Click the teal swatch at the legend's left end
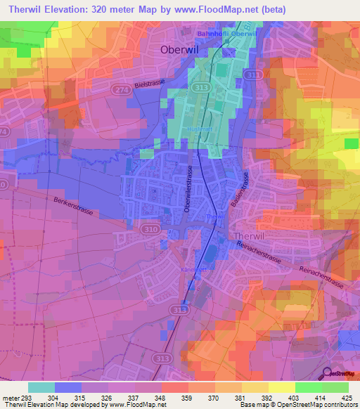41,387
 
